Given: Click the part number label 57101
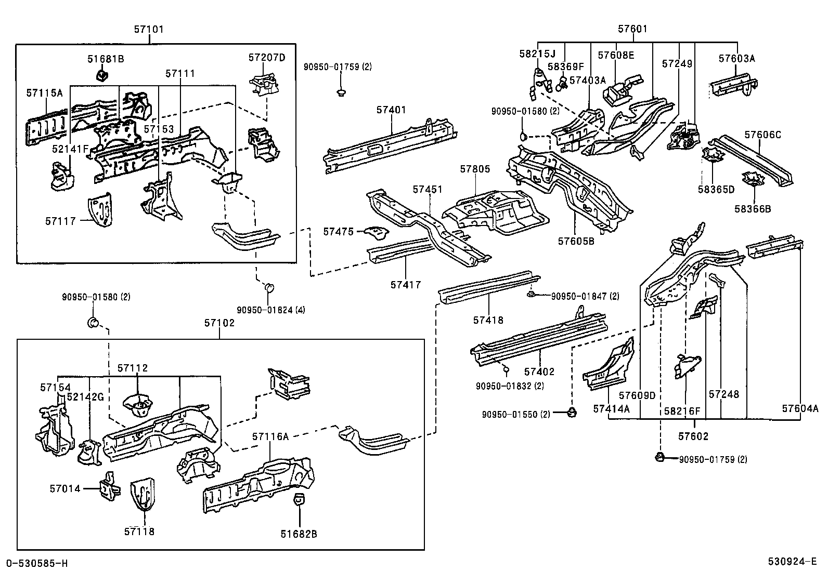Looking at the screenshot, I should click(149, 29).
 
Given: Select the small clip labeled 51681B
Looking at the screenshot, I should click(102, 76).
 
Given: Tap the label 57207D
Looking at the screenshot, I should click(267, 58).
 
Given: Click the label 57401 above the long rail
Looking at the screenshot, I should click(391, 110).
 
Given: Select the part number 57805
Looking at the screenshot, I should click(475, 169).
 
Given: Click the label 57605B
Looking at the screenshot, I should click(576, 241).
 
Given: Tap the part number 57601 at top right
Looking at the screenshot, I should click(632, 29).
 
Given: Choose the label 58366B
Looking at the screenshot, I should click(753, 209).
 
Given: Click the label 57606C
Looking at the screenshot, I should click(762, 135).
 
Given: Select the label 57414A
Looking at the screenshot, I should click(611, 409).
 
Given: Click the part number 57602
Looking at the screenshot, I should click(693, 436).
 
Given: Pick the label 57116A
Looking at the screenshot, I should click(270, 436).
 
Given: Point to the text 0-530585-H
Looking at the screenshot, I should click(36, 563).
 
